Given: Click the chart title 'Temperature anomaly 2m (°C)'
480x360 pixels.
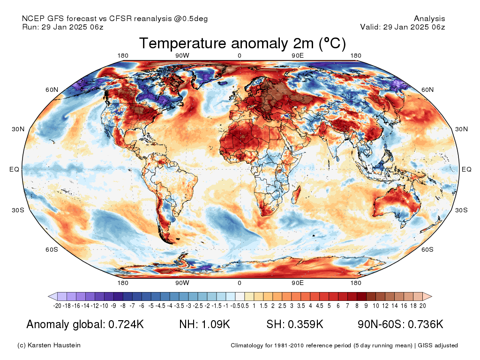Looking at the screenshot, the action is point(242,44).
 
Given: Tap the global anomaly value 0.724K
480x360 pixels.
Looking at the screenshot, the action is point(126,324).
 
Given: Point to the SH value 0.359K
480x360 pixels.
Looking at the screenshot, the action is point(306,324).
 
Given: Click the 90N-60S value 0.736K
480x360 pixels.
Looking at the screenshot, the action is point(426,324).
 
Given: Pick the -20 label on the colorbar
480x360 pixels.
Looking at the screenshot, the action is point(57,306).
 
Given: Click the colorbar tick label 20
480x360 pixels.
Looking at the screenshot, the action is point(423,306).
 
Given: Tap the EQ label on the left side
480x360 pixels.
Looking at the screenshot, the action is point(14,169).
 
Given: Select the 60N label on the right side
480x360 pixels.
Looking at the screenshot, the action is point(427,90).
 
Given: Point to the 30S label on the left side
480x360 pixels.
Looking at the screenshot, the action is point(18,210).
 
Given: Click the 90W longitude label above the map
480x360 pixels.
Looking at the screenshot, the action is point(182,56).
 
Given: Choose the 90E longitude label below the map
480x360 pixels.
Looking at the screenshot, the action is point(298,283).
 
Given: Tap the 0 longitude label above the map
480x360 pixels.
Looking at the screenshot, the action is point(240,56).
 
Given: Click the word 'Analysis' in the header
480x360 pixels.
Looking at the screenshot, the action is point(429,19).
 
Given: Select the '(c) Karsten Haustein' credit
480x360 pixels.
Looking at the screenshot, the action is point(49,345).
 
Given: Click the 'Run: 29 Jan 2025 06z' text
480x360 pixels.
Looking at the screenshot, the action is point(63,27).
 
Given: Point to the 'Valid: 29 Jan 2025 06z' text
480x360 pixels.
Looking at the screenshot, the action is point(403,27).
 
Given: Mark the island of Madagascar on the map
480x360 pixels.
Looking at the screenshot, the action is point(297,195).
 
